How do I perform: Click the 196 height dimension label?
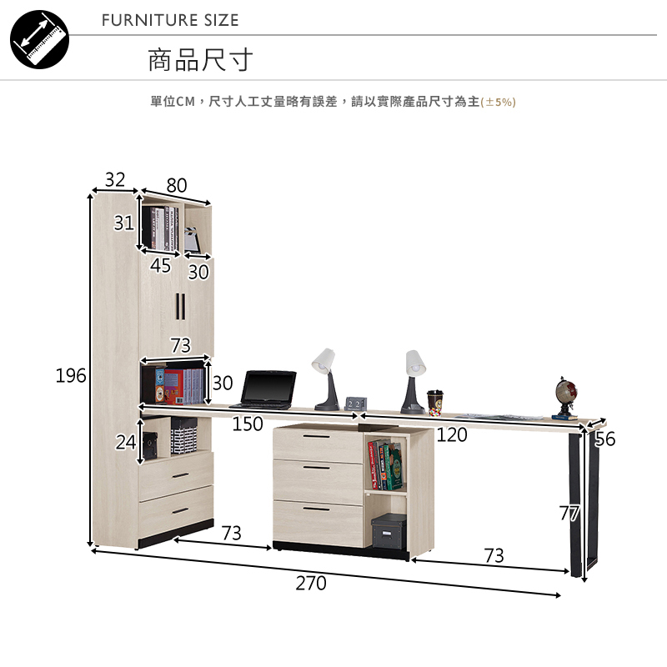[x=71, y=376]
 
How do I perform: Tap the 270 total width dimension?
[x=311, y=584]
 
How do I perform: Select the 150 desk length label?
[x=248, y=424]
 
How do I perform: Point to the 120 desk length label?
[x=452, y=434]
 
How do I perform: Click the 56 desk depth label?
[x=605, y=439]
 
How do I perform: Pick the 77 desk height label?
[x=569, y=514]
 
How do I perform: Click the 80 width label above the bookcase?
[x=177, y=185]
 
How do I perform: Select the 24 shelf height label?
[x=125, y=443]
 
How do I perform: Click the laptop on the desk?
[x=268, y=389]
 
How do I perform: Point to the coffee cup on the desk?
[x=434, y=402]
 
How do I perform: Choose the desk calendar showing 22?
[x=354, y=404]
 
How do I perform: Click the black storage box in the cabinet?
[x=388, y=530]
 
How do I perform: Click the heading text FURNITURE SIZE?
[x=170, y=20]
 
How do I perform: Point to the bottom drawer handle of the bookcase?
[x=180, y=511]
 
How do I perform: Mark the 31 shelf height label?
[x=124, y=223]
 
